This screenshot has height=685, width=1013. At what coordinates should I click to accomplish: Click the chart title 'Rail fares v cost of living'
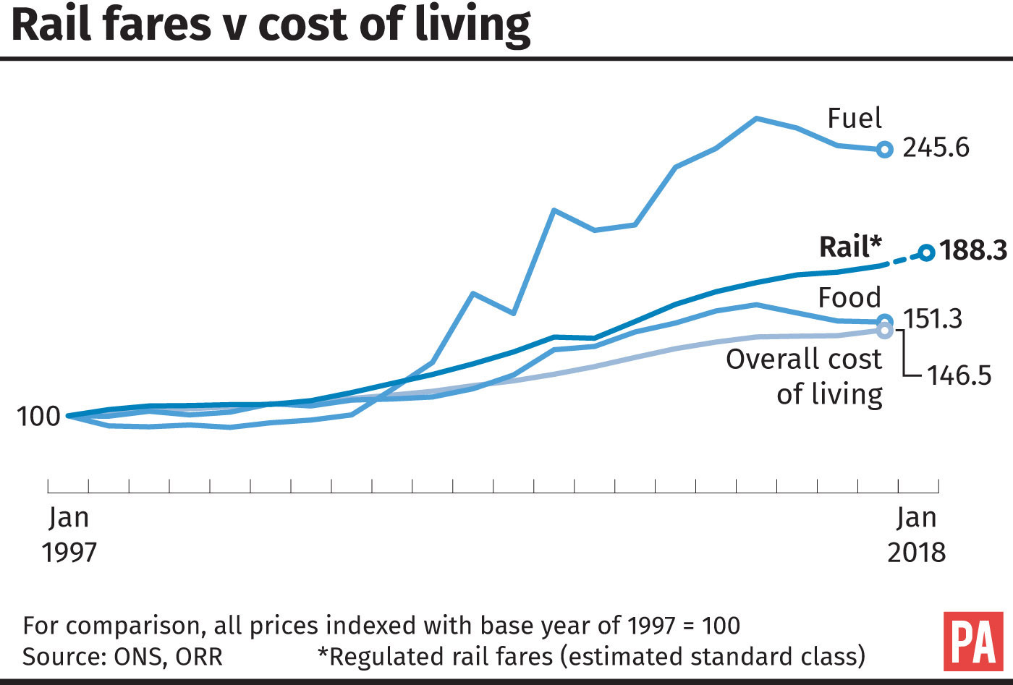tap(271, 25)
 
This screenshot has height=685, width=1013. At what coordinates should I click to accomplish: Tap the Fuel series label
tap(855, 118)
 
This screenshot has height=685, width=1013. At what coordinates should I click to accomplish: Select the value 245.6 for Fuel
tap(936, 148)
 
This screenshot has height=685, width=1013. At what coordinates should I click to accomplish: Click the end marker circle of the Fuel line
tap(884, 150)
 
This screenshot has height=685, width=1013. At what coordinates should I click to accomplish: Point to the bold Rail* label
tap(850, 247)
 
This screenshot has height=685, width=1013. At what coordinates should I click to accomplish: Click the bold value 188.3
tap(973, 251)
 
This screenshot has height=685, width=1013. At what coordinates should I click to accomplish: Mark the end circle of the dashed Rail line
tap(925, 252)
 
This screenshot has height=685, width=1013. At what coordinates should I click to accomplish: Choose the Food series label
tap(849, 297)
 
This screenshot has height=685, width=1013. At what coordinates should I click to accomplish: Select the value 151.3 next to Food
tap(933, 318)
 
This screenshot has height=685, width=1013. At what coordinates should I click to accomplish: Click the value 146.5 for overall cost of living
tap(959, 375)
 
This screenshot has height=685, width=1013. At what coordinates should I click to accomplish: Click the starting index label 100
tap(38, 417)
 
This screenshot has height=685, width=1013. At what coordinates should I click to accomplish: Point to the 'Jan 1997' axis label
tap(69, 535)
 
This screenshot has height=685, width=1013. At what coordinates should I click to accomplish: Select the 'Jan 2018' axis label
tap(916, 535)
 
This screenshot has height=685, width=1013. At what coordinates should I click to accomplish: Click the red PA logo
tap(973, 641)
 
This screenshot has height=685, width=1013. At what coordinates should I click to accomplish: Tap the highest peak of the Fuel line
tap(757, 118)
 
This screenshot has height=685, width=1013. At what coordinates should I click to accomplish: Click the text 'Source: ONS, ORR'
tap(122, 657)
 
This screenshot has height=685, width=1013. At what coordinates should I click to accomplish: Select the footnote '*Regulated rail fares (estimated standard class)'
tap(591, 657)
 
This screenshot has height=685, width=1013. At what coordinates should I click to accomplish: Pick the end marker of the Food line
tap(884, 322)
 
